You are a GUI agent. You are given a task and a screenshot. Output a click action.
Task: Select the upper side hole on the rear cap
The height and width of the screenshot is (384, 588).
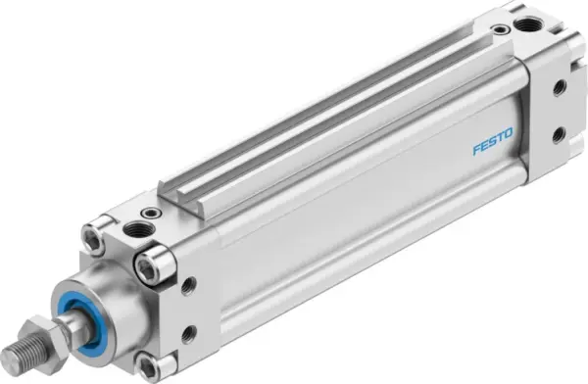click(x=563, y=87)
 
